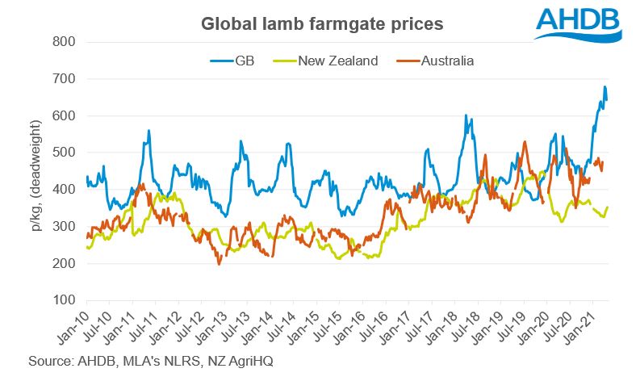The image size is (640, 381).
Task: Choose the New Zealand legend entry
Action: pos(337,61)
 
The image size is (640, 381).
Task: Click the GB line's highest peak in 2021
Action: pos(604,86)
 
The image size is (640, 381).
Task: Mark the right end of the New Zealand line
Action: pos(607,207)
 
